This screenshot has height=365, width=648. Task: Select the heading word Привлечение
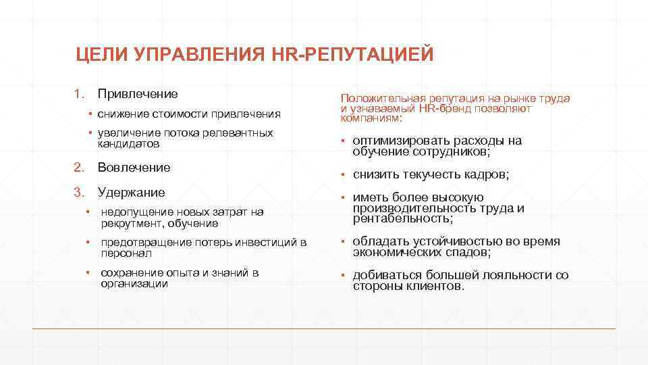tap(138, 93)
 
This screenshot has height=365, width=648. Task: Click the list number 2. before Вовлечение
tap(78, 167)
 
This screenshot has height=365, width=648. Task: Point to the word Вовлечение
tap(134, 167)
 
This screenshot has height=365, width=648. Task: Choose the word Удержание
tap(131, 192)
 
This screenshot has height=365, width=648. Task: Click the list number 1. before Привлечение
tap(78, 93)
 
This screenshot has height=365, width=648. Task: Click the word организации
tap(134, 284)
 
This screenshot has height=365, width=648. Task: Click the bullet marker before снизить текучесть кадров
tap(343, 174)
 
